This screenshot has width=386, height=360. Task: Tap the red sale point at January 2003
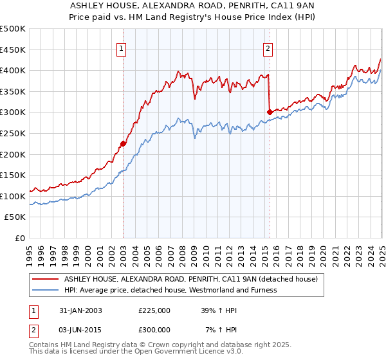click(123, 144)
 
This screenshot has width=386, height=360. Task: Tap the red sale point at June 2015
click(269, 112)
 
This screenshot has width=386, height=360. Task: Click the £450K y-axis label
click(13, 50)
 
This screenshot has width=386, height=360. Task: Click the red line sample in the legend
click(45, 280)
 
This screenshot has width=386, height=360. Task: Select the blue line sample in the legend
click(45, 290)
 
